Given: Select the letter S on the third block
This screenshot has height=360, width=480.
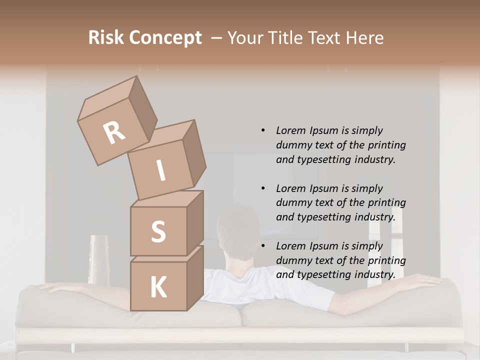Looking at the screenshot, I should tap(158, 231).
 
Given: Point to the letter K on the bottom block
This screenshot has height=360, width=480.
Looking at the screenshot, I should tap(158, 287).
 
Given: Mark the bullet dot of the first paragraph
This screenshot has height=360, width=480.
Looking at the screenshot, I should tap(263, 130).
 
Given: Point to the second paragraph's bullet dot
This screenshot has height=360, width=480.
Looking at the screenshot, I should tap(263, 188).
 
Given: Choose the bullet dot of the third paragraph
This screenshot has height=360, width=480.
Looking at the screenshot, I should tap(263, 246).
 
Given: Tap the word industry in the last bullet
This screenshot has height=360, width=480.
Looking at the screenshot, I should tap(374, 274).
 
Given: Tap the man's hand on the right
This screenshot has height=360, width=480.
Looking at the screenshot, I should tap(425, 281).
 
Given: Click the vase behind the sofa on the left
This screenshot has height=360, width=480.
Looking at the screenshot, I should tap(98, 260).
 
